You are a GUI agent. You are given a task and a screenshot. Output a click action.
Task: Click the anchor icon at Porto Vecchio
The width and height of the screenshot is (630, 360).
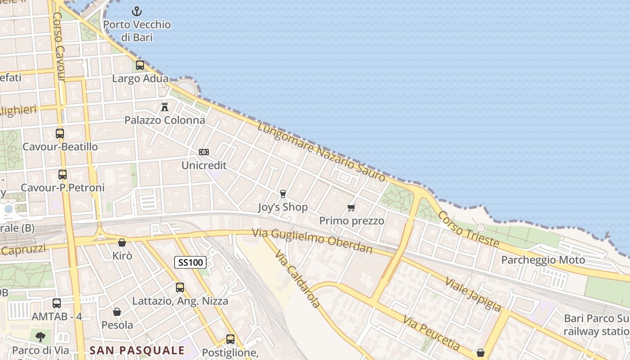137,11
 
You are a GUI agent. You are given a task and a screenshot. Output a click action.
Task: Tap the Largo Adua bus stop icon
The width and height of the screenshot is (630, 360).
139,65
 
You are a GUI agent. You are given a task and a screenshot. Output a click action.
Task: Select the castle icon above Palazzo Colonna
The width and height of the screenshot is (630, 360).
165,107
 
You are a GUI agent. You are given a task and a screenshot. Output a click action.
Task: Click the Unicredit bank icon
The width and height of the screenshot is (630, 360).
204,152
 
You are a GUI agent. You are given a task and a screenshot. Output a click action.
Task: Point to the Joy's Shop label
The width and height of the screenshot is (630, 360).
283,207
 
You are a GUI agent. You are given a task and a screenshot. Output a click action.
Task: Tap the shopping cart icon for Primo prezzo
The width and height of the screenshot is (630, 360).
351,207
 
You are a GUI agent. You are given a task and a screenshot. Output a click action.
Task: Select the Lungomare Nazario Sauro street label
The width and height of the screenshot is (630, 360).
322,152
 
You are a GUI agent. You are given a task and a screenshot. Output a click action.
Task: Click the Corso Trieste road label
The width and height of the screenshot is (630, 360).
468,229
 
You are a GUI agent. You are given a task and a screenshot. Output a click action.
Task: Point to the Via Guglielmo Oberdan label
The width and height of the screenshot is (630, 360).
312,241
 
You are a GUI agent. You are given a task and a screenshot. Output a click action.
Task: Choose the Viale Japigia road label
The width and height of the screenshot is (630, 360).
472,294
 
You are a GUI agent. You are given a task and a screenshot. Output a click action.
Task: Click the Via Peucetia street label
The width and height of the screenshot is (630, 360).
431,333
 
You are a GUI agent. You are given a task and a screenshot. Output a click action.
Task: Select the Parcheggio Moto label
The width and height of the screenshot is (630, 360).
543,260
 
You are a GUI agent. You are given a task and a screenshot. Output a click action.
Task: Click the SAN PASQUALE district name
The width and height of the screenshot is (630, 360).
137,350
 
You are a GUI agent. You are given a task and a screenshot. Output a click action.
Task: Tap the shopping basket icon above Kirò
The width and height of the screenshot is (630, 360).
121,243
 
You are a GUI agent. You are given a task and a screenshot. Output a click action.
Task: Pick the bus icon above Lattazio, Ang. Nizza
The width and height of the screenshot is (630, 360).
180,287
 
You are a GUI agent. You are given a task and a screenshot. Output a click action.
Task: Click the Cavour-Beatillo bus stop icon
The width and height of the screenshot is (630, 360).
60,134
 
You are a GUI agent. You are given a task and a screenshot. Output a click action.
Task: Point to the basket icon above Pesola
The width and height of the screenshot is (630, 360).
117,312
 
